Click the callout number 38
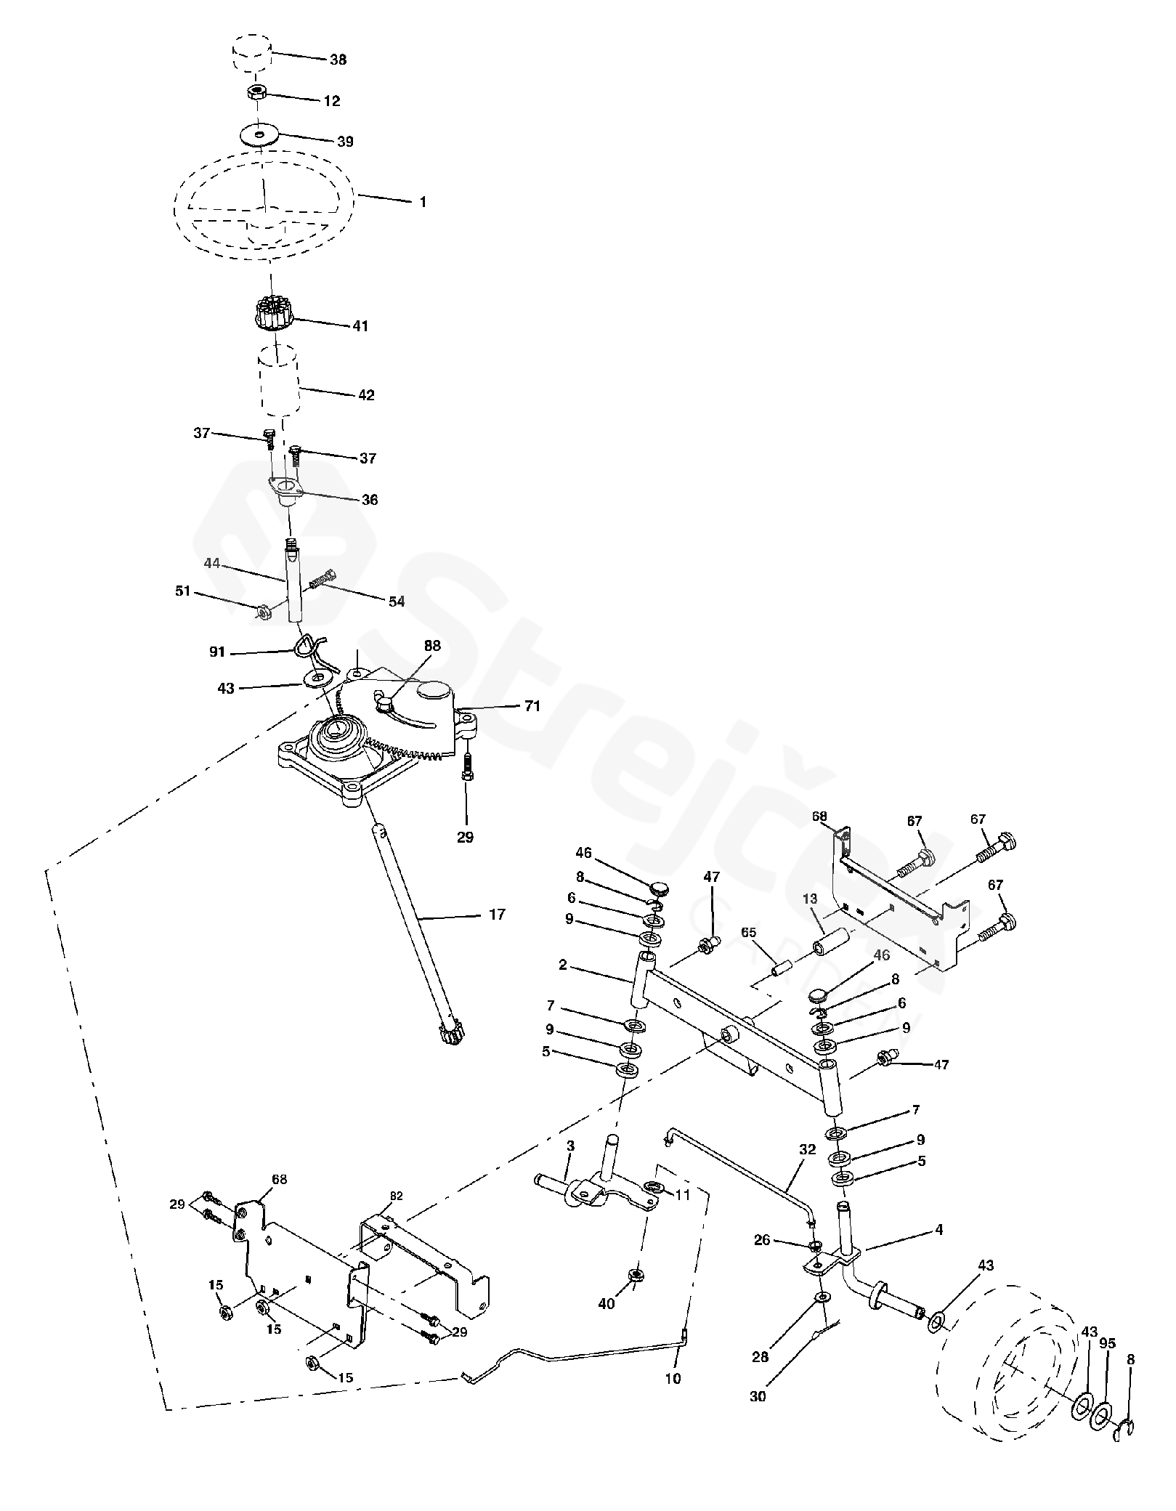coord(338,60)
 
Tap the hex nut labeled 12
coord(256,92)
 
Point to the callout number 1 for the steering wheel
coord(423,202)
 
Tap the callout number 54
coord(396,601)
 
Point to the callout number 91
coord(217,653)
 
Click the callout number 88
coord(432,645)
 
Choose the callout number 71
coord(532,705)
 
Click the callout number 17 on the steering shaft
coord(497,915)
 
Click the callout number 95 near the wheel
coord(1107,1343)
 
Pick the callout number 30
coord(758,1396)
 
